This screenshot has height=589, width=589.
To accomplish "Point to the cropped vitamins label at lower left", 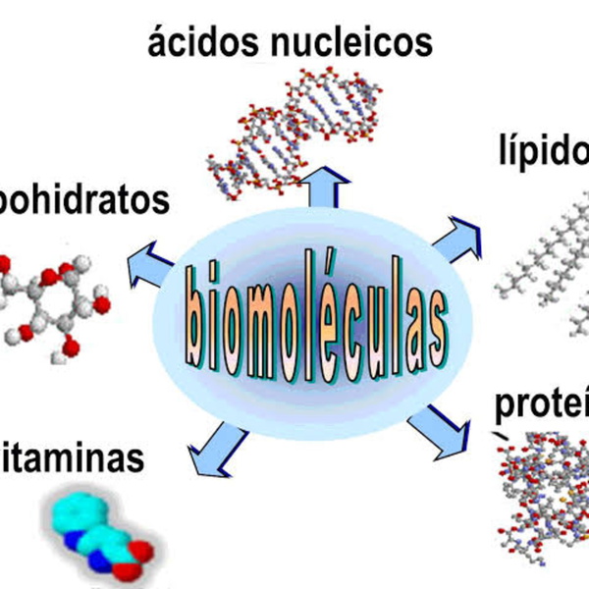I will [74, 458].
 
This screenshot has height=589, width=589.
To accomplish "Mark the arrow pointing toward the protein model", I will [437, 429].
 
